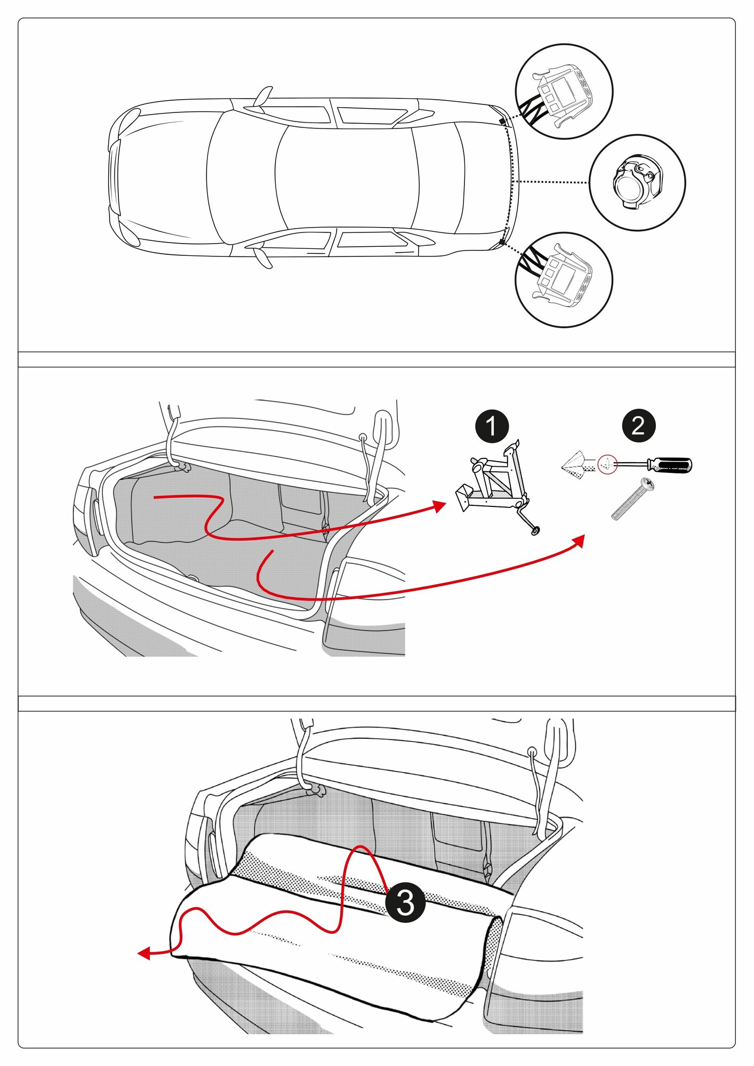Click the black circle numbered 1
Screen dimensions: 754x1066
tap(491, 426)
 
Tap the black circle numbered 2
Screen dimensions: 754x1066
tap(638, 426)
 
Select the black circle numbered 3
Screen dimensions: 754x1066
tap(405, 903)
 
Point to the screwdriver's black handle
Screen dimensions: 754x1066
tap(671, 465)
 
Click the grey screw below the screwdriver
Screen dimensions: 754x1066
tap(632, 499)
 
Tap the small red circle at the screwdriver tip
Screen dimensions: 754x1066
tap(607, 464)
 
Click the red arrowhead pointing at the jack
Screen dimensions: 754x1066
tap(440, 505)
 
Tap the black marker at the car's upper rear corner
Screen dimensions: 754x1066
tap(502, 122)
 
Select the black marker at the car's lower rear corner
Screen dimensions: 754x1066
tap(502, 243)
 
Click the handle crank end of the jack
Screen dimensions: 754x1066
tap(535, 530)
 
